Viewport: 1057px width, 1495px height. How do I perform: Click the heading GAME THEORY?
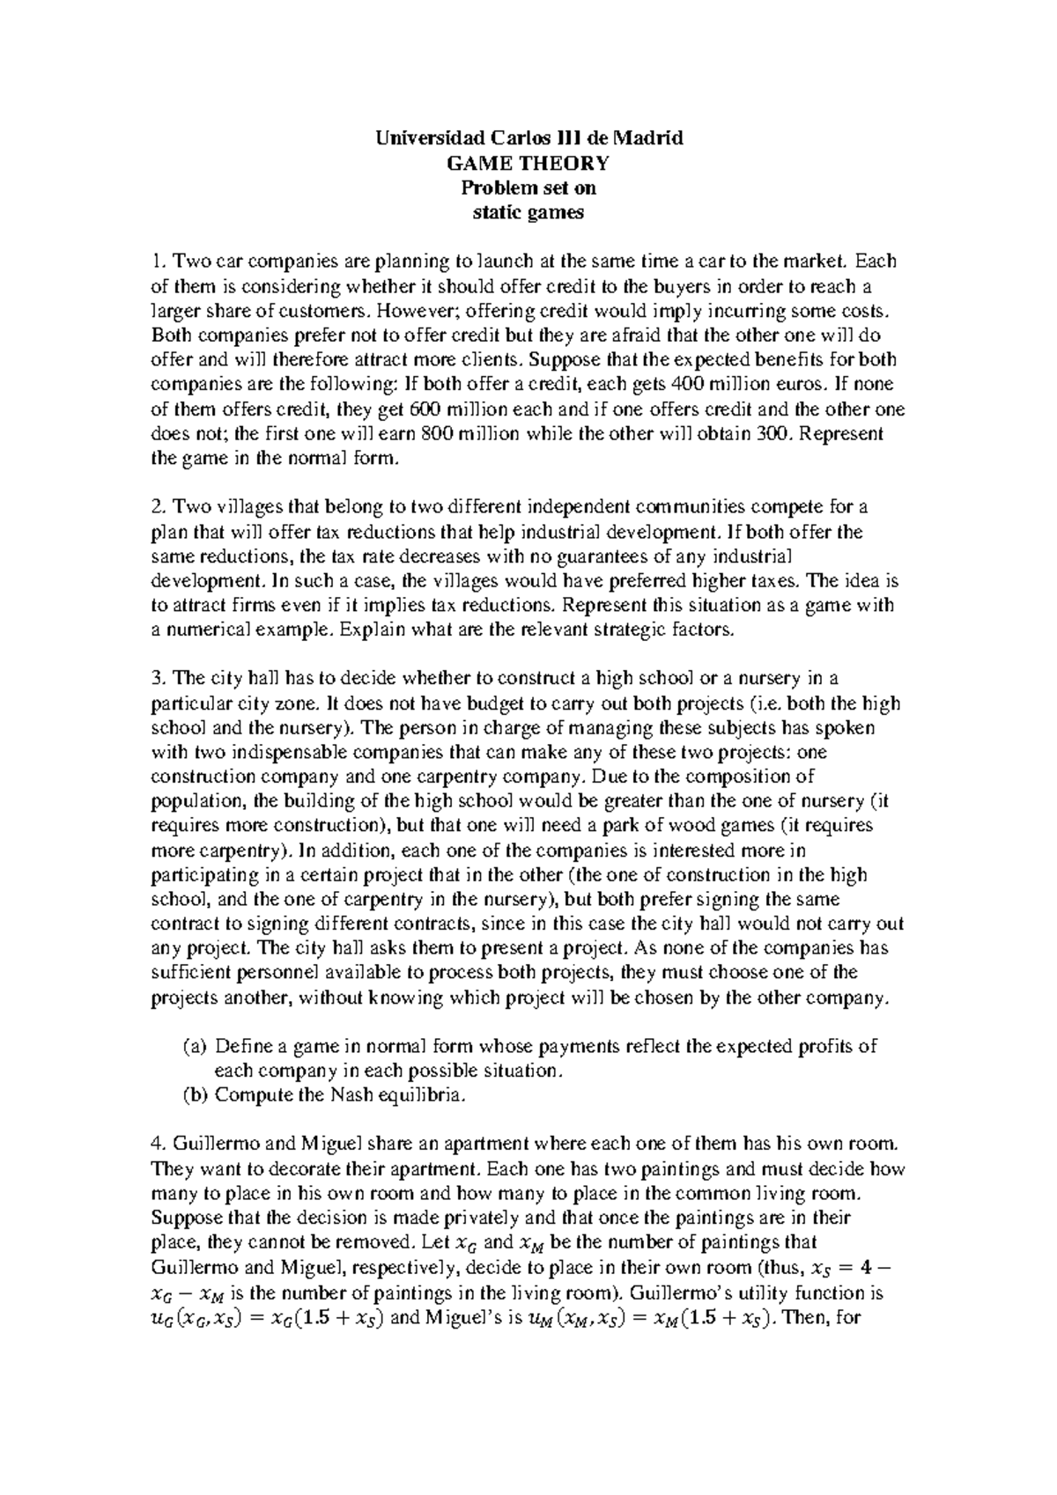pos(528,163)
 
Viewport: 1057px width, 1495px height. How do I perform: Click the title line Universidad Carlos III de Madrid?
pos(528,138)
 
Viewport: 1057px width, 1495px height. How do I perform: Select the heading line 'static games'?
pos(528,212)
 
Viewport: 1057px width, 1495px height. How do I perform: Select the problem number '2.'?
pos(159,507)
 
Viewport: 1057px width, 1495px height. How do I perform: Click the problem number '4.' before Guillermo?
pos(159,1145)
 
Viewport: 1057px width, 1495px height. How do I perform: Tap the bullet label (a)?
pos(194,1047)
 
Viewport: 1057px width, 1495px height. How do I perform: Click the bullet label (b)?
pos(194,1095)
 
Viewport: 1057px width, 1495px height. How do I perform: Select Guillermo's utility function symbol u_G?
pos(165,1319)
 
